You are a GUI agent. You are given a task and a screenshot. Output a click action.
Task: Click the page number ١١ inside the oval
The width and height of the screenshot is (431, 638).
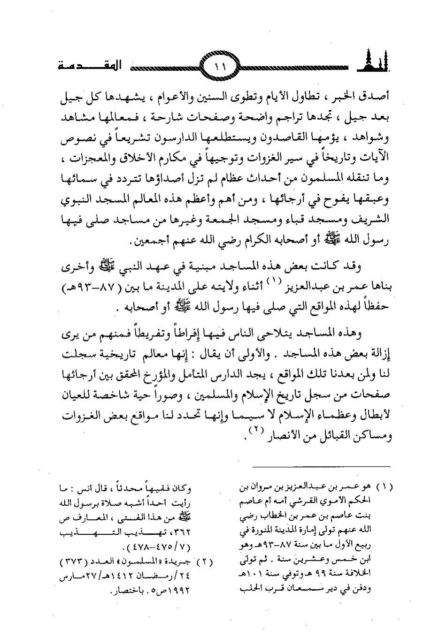point(220,67)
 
